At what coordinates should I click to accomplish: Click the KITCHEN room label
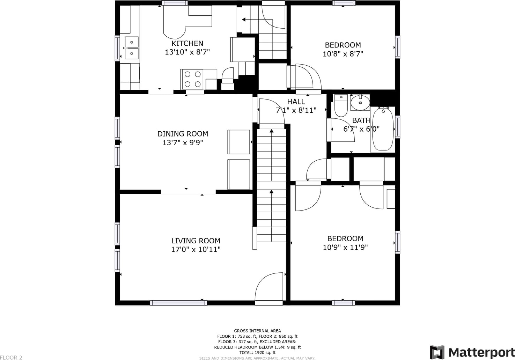(x=187, y=43)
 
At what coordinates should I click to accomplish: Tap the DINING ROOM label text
(x=183, y=134)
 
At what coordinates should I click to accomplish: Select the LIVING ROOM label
(x=196, y=241)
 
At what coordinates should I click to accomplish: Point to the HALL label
(x=296, y=102)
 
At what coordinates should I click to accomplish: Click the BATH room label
(x=361, y=120)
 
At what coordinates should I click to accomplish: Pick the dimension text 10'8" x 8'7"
(x=343, y=54)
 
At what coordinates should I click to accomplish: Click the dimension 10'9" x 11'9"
(x=345, y=247)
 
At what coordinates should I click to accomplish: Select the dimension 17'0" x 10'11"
(x=196, y=249)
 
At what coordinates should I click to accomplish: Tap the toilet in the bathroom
(x=341, y=105)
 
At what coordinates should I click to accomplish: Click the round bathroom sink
(x=360, y=103)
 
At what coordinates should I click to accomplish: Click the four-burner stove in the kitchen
(x=193, y=79)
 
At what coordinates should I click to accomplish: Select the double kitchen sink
(x=132, y=48)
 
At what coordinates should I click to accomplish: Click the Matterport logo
(x=472, y=352)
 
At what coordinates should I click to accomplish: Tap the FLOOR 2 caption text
(x=11, y=358)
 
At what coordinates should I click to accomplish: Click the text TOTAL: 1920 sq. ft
(x=257, y=352)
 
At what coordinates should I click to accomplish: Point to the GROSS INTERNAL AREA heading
(x=257, y=331)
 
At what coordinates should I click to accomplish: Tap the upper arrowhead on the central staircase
(x=272, y=131)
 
